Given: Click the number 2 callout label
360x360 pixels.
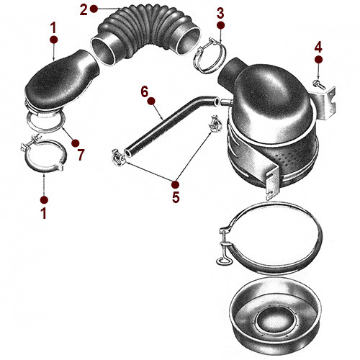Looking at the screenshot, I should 84,9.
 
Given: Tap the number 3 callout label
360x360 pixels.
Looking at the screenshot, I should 220,12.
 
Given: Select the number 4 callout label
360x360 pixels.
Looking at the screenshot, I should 318,48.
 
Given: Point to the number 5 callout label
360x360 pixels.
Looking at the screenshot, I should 174,197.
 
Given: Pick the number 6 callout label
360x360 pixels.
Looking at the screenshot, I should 144,91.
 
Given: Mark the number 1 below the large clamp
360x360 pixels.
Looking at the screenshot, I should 44,213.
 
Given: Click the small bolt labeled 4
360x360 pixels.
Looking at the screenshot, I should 318,85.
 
